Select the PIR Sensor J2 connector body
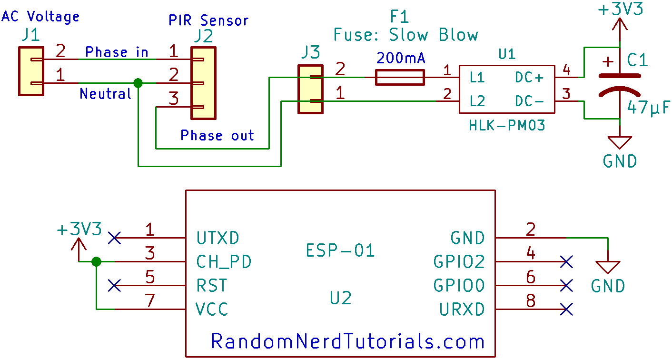coord(203,83)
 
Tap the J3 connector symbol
coord(310,90)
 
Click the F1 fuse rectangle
coord(400,77)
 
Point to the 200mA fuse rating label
coord(401,59)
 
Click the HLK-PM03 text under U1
coord(507,126)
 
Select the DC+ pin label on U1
coord(529,78)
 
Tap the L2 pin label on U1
coord(477,101)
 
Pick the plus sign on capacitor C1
coord(608,62)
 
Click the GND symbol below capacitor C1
coord(620,142)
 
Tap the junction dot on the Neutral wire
coord(138,83)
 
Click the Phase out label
coord(217,136)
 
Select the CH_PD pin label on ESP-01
coord(224,261)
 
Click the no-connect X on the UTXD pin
coord(114,238)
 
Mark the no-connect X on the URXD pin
coord(566,310)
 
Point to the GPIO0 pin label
coord(459,285)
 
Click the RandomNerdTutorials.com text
coord(347,341)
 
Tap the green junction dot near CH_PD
coord(96,261)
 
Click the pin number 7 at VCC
coord(150,300)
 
